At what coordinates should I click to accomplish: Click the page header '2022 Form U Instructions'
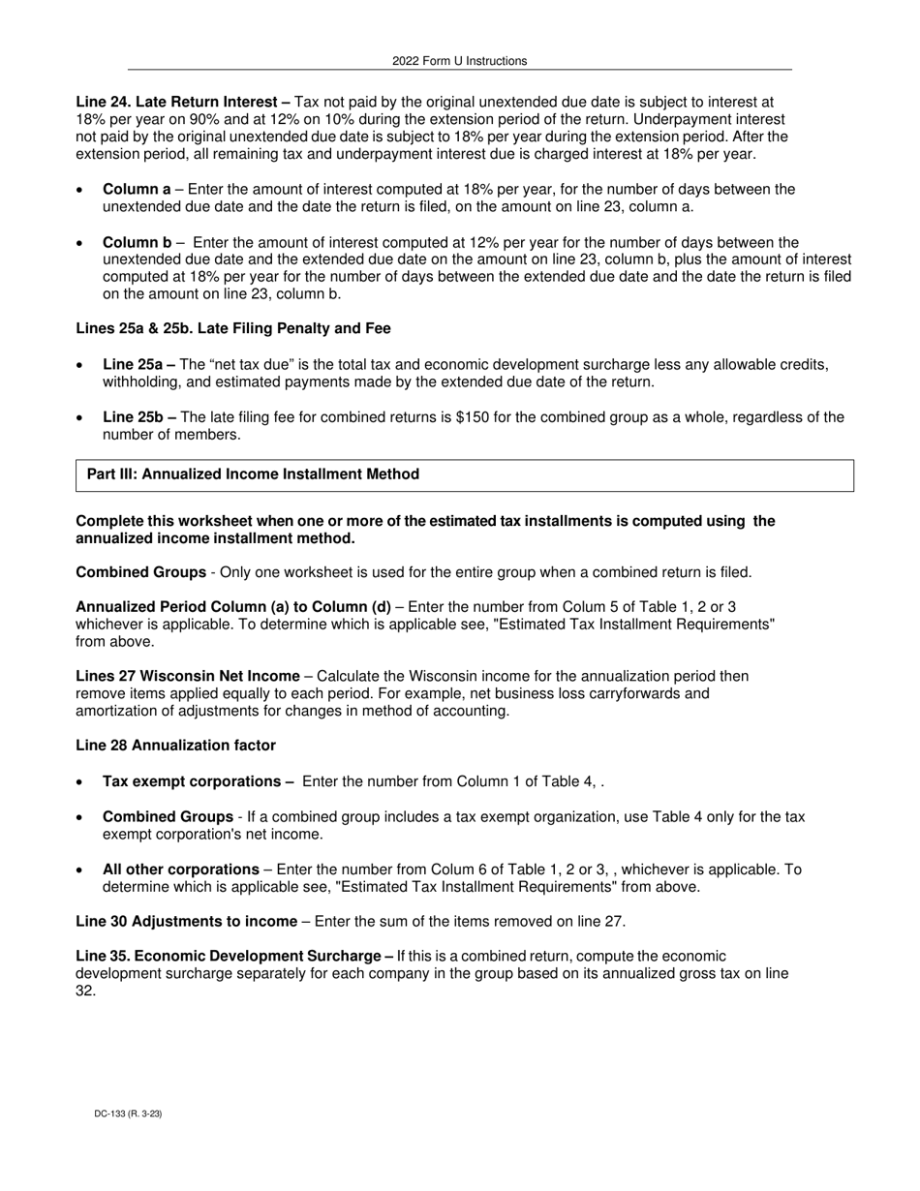tap(459, 61)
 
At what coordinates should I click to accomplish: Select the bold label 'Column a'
tap(137, 190)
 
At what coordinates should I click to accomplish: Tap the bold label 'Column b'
tap(137, 243)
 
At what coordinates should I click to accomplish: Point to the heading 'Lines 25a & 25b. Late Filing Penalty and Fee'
tap(233, 329)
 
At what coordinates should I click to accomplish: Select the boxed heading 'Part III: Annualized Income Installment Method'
tap(253, 474)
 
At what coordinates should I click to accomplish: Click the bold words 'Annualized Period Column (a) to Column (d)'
tap(233, 608)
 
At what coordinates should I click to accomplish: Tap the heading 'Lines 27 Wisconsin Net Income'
tap(188, 677)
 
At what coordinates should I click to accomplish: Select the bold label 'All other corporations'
tap(181, 870)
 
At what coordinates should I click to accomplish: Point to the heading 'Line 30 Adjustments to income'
tap(186, 922)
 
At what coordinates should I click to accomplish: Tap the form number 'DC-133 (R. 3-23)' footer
tap(128, 1115)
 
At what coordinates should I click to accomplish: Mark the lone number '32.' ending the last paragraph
tap(85, 992)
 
